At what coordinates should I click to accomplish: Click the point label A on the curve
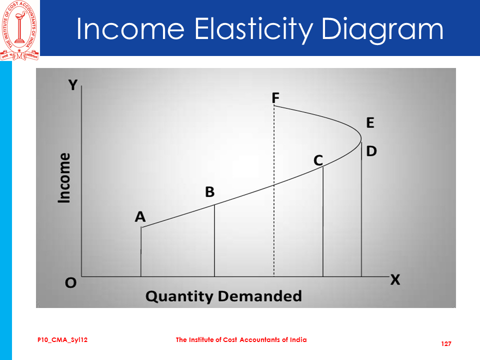tap(140, 216)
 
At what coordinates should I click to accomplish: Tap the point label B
tap(209, 192)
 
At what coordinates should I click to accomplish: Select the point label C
tap(318, 160)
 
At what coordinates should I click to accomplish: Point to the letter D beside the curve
tap(371, 151)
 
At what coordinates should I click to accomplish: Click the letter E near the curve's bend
tap(370, 123)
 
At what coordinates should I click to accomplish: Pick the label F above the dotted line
tap(275, 98)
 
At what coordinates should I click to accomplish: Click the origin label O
tap(70, 282)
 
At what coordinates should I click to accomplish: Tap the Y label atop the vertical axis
tap(73, 85)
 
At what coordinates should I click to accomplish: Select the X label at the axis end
tap(395, 280)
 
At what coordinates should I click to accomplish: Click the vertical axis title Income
tap(64, 178)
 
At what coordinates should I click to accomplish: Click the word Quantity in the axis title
tap(179, 296)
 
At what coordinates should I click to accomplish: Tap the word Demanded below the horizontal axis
tap(260, 296)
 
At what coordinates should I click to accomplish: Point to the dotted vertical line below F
tap(274, 191)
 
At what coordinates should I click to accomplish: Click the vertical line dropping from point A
tap(141, 251)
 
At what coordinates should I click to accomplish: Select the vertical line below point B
tap(214, 240)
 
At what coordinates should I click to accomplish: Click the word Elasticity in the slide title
tap(253, 29)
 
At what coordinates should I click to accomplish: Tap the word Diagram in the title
tap(382, 29)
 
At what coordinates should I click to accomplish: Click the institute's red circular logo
tap(19, 30)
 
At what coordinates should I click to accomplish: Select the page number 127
tap(446, 344)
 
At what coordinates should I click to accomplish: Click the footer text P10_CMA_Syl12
tap(62, 340)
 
